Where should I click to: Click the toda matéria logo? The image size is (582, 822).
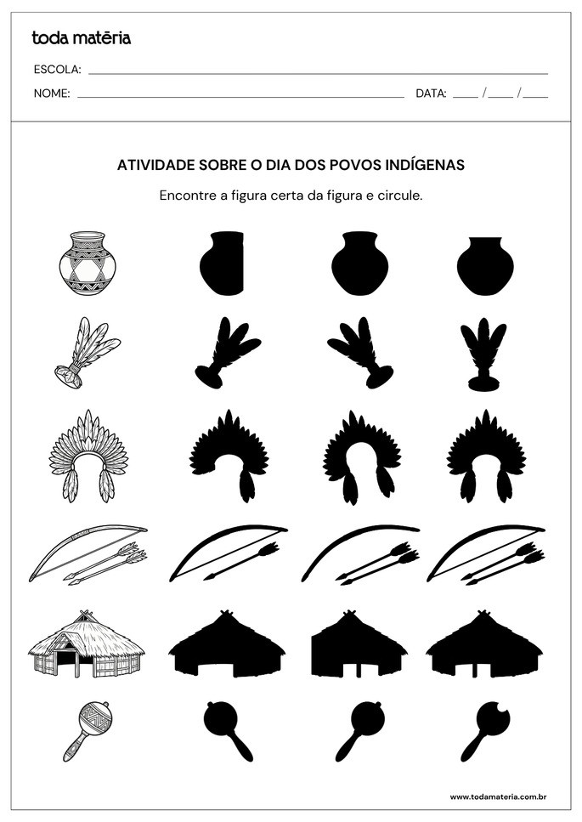tap(81, 37)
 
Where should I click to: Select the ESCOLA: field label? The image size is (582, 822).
tap(57, 70)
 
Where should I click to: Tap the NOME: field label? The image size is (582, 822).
tap(52, 94)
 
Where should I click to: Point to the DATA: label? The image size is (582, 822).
tap(431, 94)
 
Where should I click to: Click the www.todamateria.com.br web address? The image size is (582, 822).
tap(497, 796)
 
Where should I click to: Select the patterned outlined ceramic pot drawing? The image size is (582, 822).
tap(88, 264)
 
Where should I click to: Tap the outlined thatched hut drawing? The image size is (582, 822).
tap(87, 646)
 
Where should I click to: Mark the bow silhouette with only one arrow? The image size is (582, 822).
tap(228, 553)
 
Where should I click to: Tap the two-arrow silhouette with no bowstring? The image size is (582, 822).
tap(360, 553)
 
